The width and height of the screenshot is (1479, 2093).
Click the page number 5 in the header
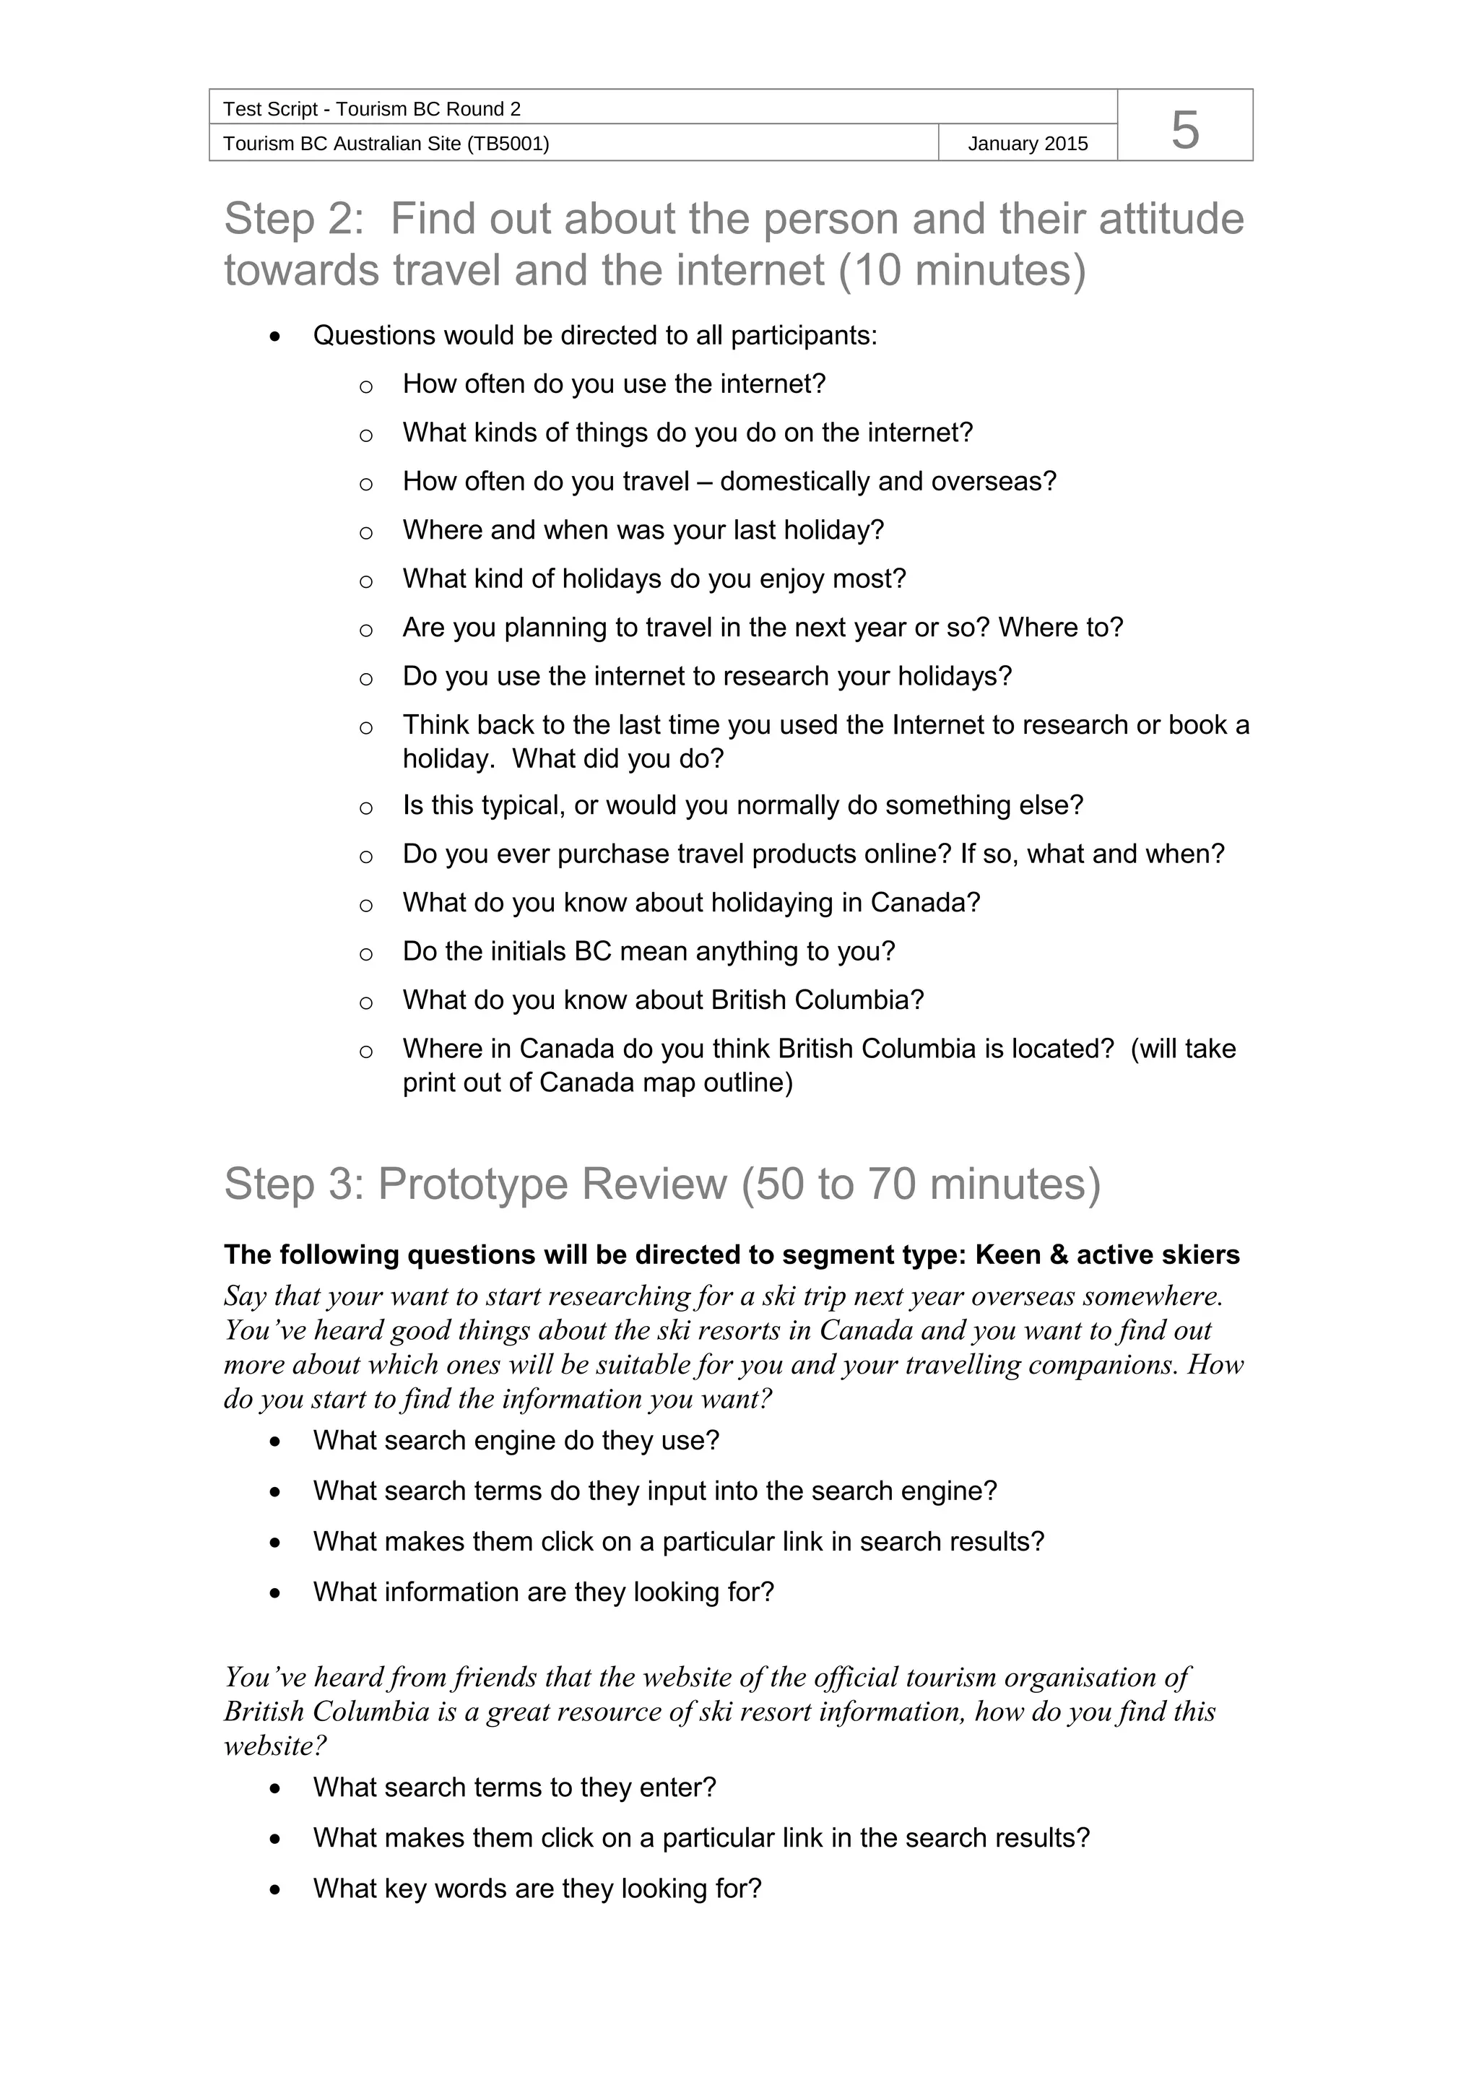[x=1184, y=129]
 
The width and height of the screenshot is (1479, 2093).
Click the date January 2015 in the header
[x=1027, y=144]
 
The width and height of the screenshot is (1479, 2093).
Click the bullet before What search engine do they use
[x=275, y=1442]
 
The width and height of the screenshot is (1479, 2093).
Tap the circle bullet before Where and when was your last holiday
[x=365, y=532]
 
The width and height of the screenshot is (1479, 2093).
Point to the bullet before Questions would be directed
[x=275, y=337]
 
